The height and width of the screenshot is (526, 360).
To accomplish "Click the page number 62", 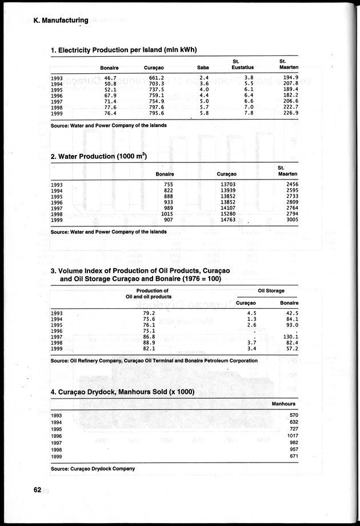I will pyautogui.click(x=37, y=489).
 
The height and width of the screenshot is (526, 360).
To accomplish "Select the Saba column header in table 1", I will pyautogui.click(x=202, y=68).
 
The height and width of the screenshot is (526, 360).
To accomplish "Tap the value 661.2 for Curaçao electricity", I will pyautogui.click(x=156, y=78).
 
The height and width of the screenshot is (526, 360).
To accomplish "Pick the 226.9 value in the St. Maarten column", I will pyautogui.click(x=290, y=113).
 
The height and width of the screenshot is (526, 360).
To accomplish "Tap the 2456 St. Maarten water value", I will pyautogui.click(x=291, y=185).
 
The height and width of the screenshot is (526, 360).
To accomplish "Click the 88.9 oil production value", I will pyautogui.click(x=149, y=342).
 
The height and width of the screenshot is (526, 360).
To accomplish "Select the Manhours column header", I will pyautogui.click(x=283, y=404).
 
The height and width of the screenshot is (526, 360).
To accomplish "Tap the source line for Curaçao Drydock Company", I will pyautogui.click(x=93, y=468).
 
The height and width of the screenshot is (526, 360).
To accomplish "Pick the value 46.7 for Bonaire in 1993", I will pyautogui.click(x=110, y=78).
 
